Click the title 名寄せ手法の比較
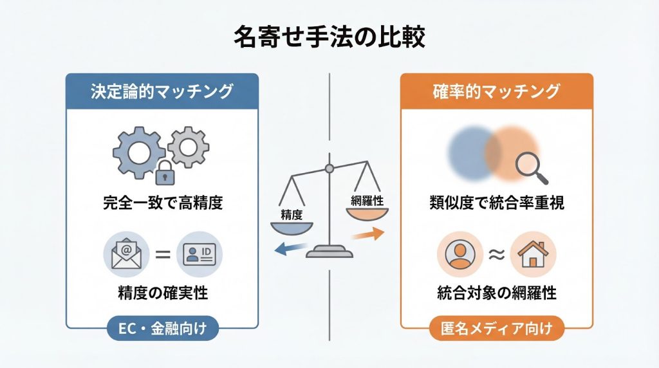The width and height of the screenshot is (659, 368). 329,37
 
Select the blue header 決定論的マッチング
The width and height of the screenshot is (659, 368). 162,91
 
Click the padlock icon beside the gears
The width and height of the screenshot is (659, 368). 164,172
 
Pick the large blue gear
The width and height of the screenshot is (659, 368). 136,150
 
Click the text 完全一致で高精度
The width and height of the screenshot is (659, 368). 162,204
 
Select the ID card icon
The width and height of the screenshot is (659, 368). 199,253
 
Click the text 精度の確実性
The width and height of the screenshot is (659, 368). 162,293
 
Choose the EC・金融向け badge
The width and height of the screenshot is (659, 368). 162,330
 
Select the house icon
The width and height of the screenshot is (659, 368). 532,253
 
